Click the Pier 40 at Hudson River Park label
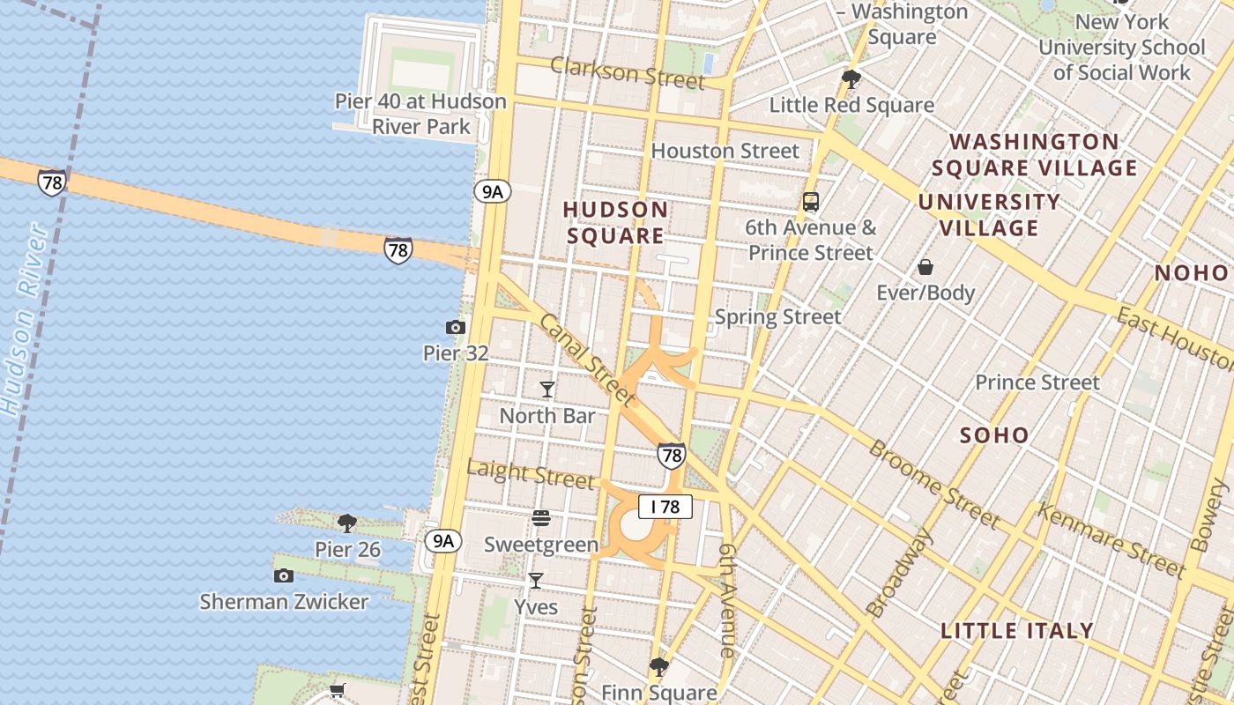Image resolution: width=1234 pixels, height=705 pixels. tap(420, 114)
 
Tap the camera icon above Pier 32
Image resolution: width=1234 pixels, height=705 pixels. tap(456, 328)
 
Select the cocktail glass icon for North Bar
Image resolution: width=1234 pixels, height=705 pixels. tap(547, 389)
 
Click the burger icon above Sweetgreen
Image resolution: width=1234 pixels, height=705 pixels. tap(541, 518)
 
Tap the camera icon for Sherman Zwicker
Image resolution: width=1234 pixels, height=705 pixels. tap(283, 576)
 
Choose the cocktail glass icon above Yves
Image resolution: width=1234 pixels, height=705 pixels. tap(535, 581)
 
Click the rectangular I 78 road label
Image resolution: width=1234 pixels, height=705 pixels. tap(665, 507)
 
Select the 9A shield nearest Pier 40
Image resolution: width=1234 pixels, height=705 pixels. tap(492, 191)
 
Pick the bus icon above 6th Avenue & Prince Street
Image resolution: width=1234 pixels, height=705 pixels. tap(811, 202)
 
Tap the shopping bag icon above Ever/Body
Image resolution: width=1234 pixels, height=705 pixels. tap(925, 267)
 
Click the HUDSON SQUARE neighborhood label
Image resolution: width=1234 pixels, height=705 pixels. tap(615, 223)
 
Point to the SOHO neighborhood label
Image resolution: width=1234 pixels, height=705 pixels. tap(994, 434)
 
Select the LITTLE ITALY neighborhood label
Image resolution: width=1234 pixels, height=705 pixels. tap(1017, 631)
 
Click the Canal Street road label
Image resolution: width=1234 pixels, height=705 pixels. tap(586, 361)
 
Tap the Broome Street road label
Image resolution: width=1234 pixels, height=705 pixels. tap(934, 484)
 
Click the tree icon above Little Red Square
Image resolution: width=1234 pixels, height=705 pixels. tap(851, 79)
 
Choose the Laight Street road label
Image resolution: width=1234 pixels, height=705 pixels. tap(530, 474)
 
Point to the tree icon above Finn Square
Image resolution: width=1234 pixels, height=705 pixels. tap(658, 666)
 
